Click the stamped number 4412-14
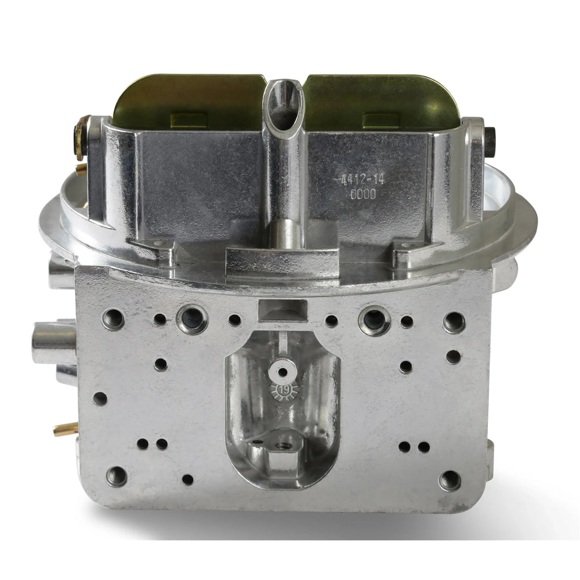(x=358, y=180)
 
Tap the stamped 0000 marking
(x=363, y=194)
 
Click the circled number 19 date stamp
(x=284, y=390)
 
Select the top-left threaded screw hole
(x=114, y=319)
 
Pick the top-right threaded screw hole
(x=454, y=322)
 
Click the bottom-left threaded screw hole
(x=117, y=476)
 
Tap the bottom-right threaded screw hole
(x=450, y=481)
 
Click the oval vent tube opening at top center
(x=284, y=105)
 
